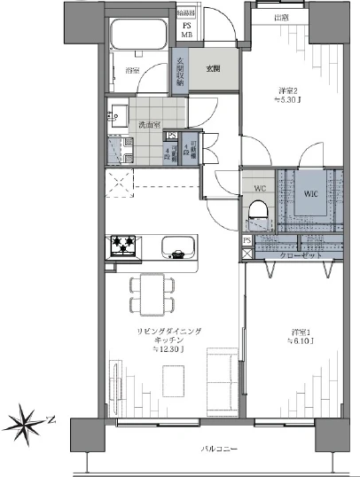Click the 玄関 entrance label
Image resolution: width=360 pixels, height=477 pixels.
[214, 68]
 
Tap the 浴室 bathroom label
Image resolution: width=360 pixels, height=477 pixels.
[133, 69]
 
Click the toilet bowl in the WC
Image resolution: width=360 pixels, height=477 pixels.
[259, 210]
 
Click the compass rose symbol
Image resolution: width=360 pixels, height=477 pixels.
[29, 418]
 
